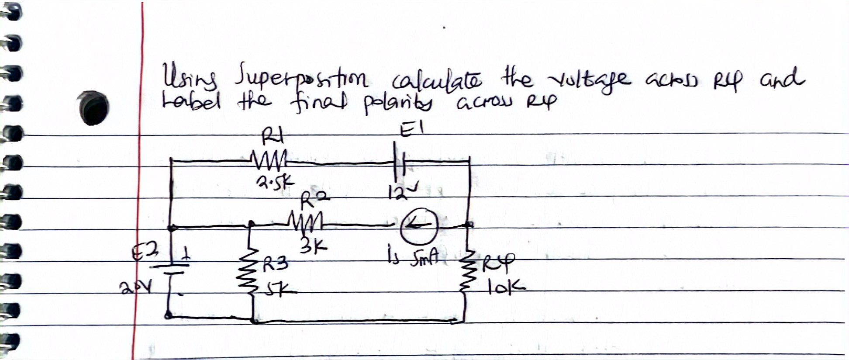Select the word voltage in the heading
click(590, 80)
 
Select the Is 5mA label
click(416, 260)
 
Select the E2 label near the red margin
click(147, 252)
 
